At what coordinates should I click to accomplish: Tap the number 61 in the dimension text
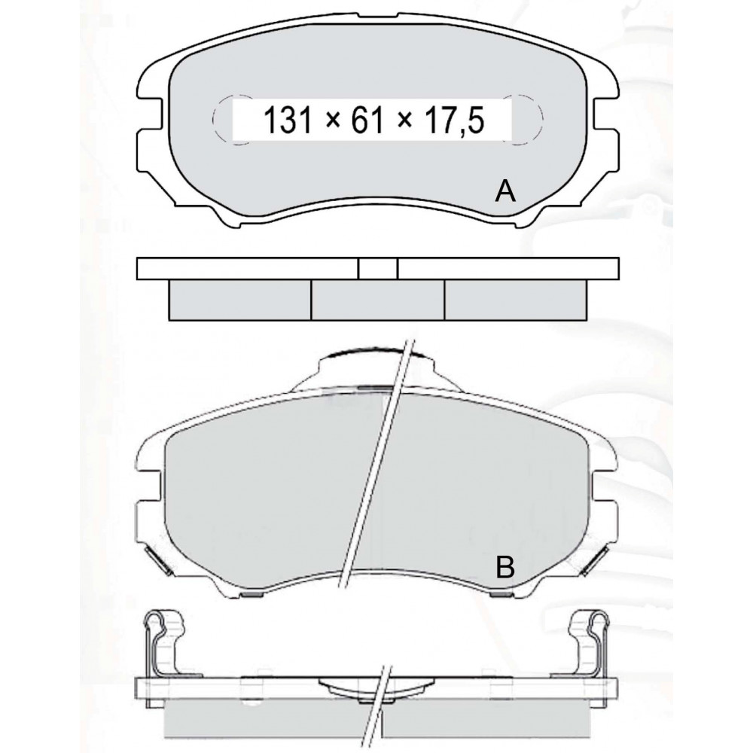tap(368, 120)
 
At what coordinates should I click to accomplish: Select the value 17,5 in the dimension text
tap(454, 121)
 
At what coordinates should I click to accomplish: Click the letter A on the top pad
tap(505, 192)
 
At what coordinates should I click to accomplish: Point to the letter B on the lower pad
tap(505, 567)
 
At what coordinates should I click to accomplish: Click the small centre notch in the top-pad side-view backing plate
tap(378, 269)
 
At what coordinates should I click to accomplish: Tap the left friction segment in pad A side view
tap(240, 300)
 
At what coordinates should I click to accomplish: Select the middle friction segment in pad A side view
tap(378, 300)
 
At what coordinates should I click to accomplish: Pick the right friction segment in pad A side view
tap(515, 300)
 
